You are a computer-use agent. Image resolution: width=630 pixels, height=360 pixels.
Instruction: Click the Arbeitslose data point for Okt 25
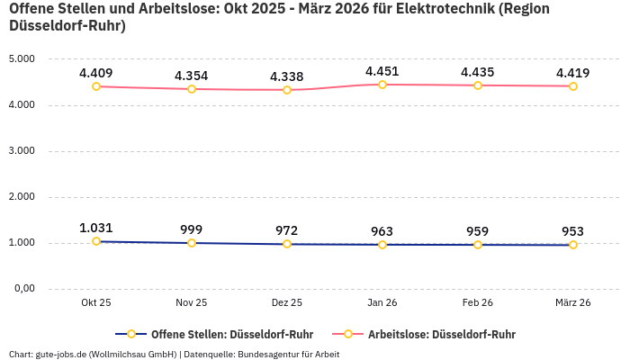click(96, 86)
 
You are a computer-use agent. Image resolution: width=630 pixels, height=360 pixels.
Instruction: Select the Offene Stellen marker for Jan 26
click(382, 245)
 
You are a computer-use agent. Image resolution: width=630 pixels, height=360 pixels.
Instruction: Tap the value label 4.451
click(382, 71)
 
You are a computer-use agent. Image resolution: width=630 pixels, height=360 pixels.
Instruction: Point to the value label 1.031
click(96, 228)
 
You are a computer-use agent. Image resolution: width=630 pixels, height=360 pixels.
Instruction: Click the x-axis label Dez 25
click(287, 303)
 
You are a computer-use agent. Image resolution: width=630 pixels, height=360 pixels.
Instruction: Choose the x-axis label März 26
click(573, 303)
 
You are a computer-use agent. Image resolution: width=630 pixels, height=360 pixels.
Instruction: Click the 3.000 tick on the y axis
click(21, 151)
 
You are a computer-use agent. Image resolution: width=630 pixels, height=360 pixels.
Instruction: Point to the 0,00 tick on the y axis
click(22, 289)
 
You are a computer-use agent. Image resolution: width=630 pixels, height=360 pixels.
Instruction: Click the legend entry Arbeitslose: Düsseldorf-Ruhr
click(441, 334)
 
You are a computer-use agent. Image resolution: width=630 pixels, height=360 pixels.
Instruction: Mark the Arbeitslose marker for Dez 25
click(287, 90)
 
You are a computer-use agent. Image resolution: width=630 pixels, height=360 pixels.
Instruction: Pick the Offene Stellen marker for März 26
click(573, 245)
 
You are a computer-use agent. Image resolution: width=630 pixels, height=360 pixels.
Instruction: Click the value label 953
click(573, 231)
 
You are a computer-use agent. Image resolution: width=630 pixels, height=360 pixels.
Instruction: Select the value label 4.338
click(287, 76)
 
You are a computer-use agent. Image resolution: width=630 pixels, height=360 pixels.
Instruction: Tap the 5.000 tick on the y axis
click(21, 59)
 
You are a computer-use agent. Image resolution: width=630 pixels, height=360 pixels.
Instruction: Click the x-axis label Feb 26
click(478, 303)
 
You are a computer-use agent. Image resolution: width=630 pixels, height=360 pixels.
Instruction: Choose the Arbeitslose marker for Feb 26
click(478, 85)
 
